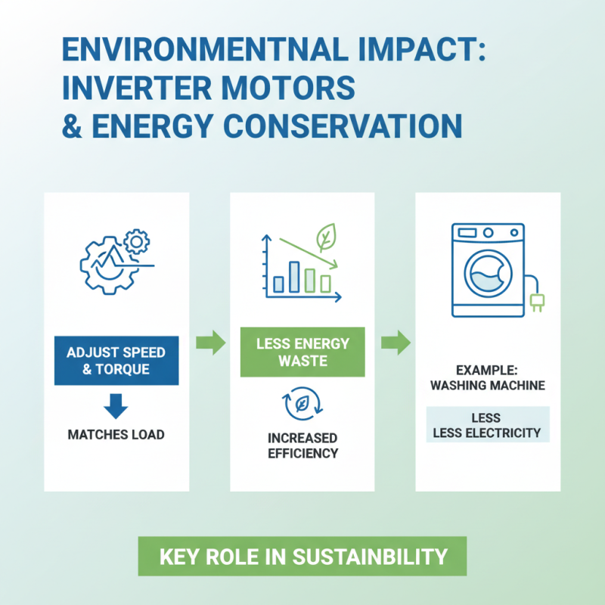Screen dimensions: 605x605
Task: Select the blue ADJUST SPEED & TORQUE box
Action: [x=116, y=360]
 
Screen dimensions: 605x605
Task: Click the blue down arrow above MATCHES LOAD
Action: [x=116, y=406]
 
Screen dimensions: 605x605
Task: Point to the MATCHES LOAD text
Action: [x=116, y=435]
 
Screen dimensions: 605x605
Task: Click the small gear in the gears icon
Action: [x=137, y=241]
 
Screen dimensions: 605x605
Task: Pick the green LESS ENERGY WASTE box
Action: [x=302, y=352]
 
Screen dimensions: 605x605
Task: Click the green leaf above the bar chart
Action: [x=326, y=237]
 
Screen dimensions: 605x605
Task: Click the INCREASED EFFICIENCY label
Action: [x=302, y=445]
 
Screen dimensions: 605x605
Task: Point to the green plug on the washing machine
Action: [x=538, y=301]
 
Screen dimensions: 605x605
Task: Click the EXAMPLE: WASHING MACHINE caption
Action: [x=488, y=377]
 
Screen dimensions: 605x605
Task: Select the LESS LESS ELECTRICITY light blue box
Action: [x=488, y=425]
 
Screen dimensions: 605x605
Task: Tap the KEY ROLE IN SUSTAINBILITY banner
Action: [x=302, y=557]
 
